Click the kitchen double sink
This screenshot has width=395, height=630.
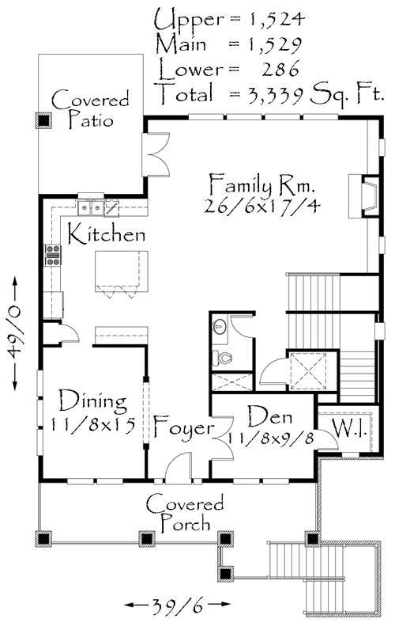[92, 207]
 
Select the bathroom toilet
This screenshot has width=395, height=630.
[224, 359]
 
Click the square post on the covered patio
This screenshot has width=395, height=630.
[43, 120]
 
